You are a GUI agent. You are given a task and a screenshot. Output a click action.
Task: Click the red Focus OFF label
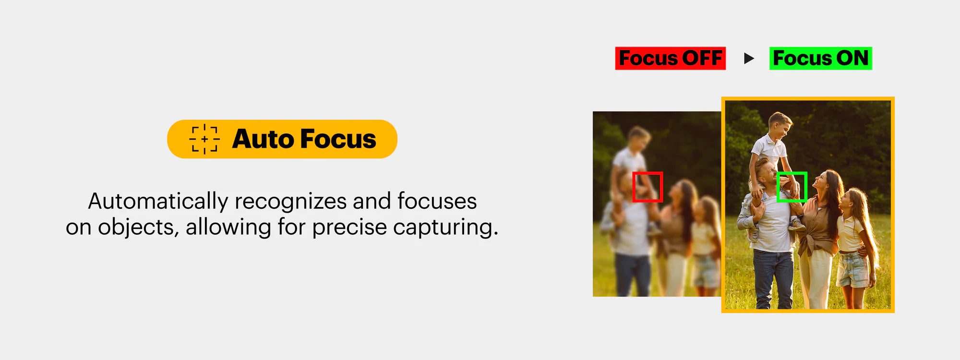click(x=671, y=59)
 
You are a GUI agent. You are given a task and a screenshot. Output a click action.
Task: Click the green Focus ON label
click(x=821, y=59)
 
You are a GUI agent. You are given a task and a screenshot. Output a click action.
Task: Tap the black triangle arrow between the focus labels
click(x=749, y=59)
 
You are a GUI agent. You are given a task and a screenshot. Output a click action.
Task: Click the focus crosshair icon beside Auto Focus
click(x=204, y=139)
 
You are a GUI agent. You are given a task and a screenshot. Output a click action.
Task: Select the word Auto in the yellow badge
click(x=263, y=139)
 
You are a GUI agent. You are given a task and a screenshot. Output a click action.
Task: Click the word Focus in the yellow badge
click(x=338, y=139)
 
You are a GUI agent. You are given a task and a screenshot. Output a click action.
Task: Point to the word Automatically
click(x=158, y=202)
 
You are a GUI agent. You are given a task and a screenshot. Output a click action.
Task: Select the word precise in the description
click(x=349, y=228)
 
